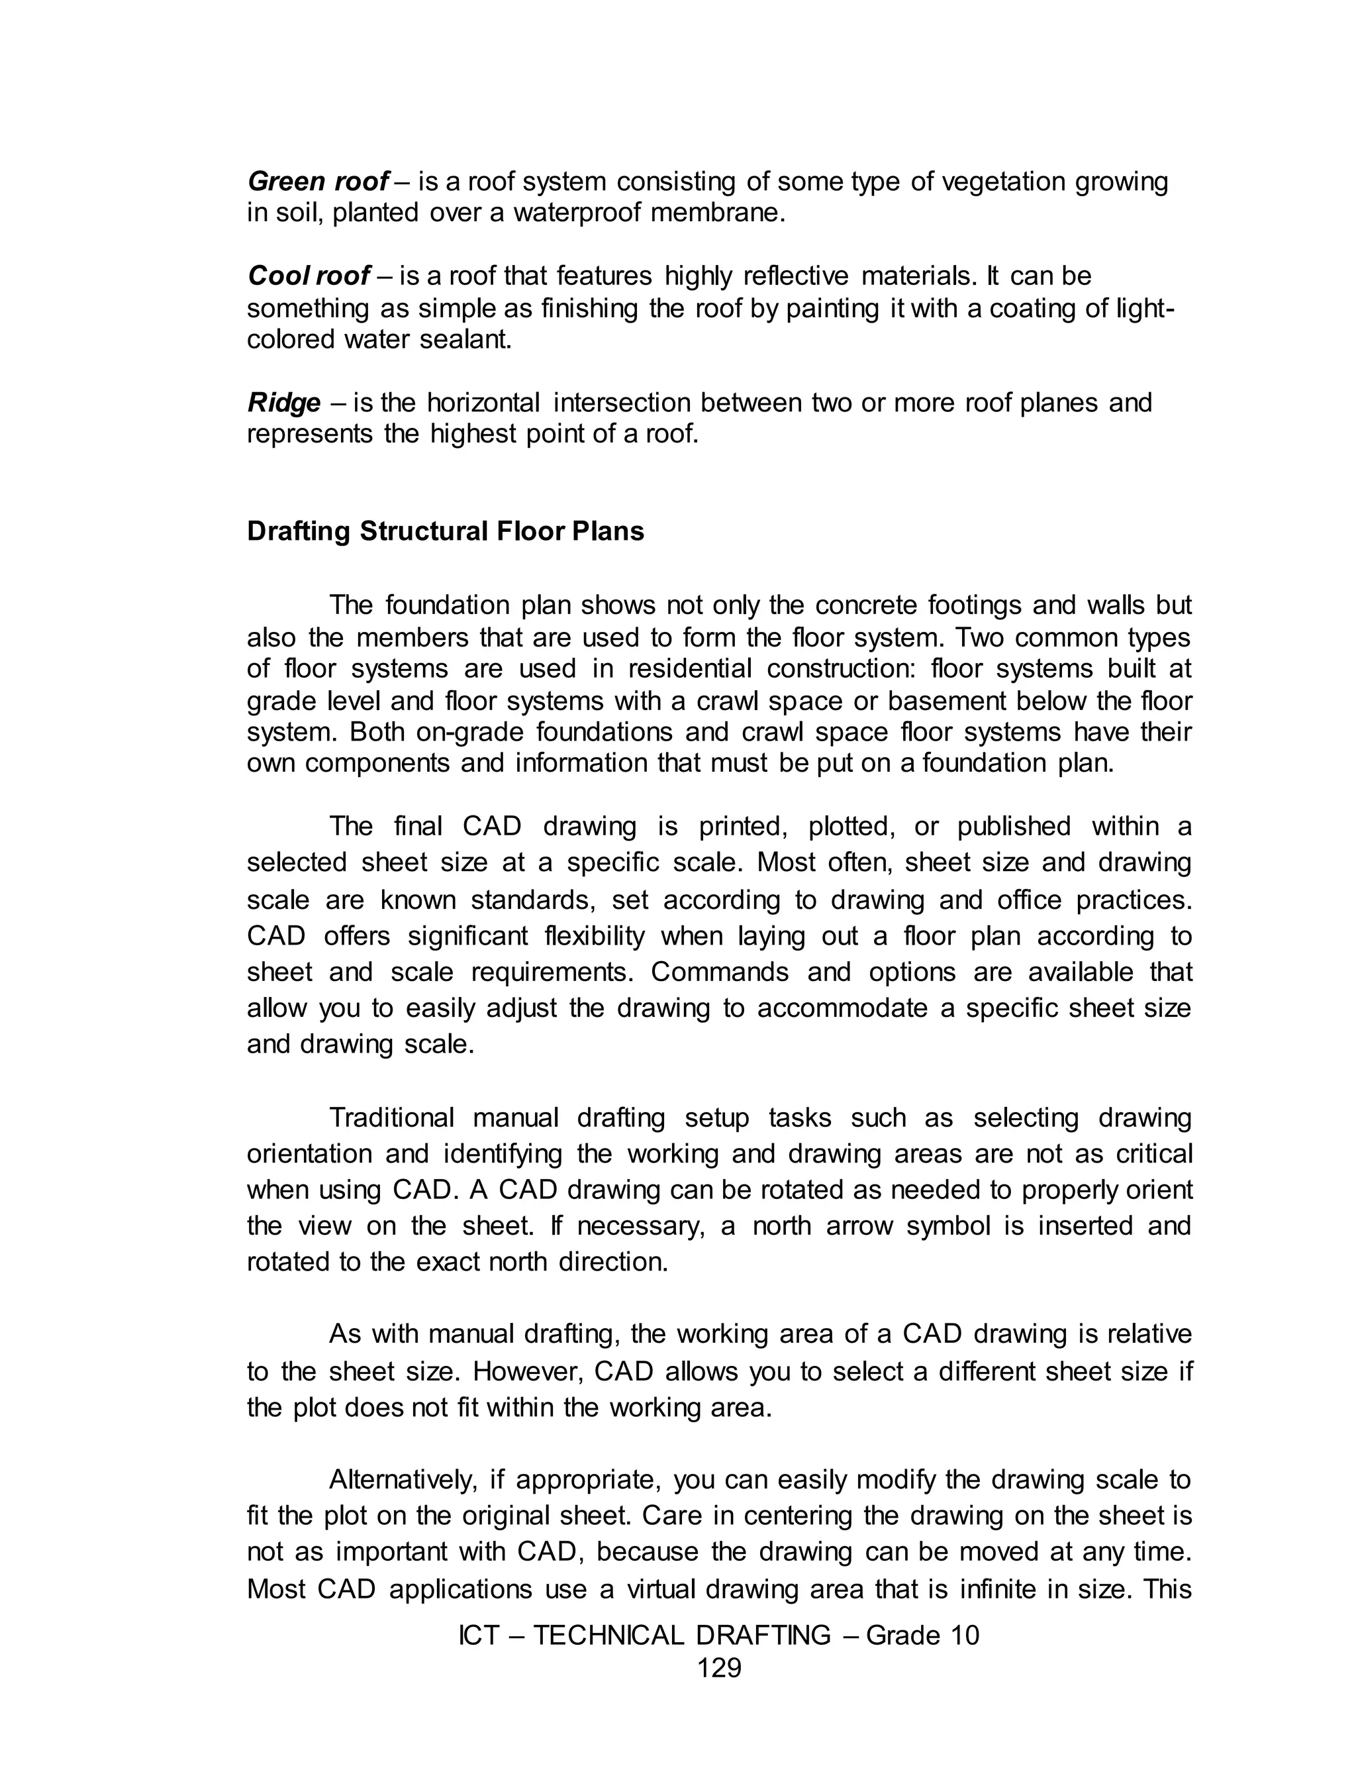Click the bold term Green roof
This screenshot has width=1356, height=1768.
(x=318, y=182)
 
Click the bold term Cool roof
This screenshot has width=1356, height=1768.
(x=309, y=277)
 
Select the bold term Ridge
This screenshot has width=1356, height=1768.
(x=283, y=403)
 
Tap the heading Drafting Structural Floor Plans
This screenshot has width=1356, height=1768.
(x=446, y=532)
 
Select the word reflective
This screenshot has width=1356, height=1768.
(x=795, y=277)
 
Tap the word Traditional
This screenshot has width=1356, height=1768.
(x=391, y=1118)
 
